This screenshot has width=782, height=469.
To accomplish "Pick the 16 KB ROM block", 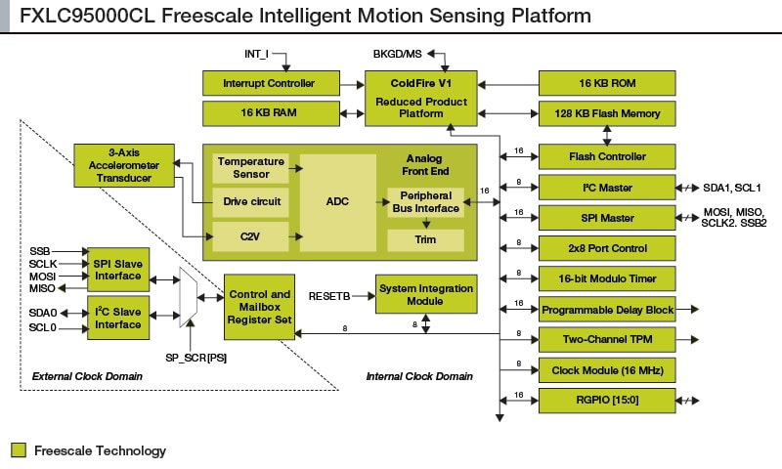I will click(606, 82).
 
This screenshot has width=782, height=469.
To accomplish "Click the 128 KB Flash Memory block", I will click(606, 113).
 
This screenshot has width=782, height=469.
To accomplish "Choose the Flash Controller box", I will click(606, 156).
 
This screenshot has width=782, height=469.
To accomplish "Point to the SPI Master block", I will click(606, 218).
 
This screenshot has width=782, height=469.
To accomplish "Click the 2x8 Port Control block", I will click(606, 248).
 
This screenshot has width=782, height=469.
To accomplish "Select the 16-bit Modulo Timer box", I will click(606, 279).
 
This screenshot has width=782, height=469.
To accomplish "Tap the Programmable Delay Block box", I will click(606, 310).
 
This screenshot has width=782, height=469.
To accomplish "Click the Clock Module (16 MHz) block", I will click(606, 370).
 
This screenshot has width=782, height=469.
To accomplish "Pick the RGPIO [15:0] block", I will click(606, 400).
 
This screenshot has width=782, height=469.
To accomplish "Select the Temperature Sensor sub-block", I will click(251, 167).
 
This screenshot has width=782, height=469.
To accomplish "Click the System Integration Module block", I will click(424, 294).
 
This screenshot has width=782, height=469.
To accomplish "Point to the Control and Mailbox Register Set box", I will click(260, 307).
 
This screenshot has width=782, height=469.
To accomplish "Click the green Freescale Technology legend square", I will click(19, 450).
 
